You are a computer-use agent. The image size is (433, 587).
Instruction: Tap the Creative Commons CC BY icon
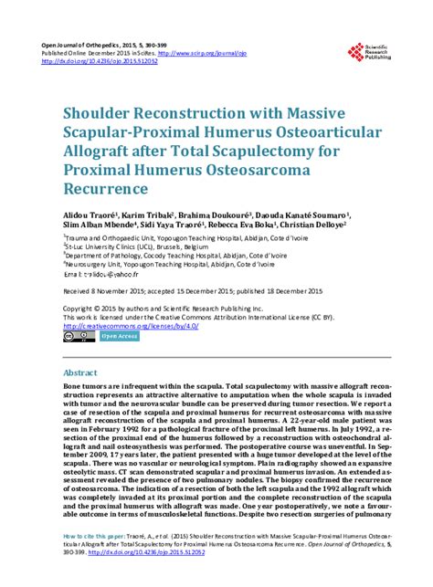77,336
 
